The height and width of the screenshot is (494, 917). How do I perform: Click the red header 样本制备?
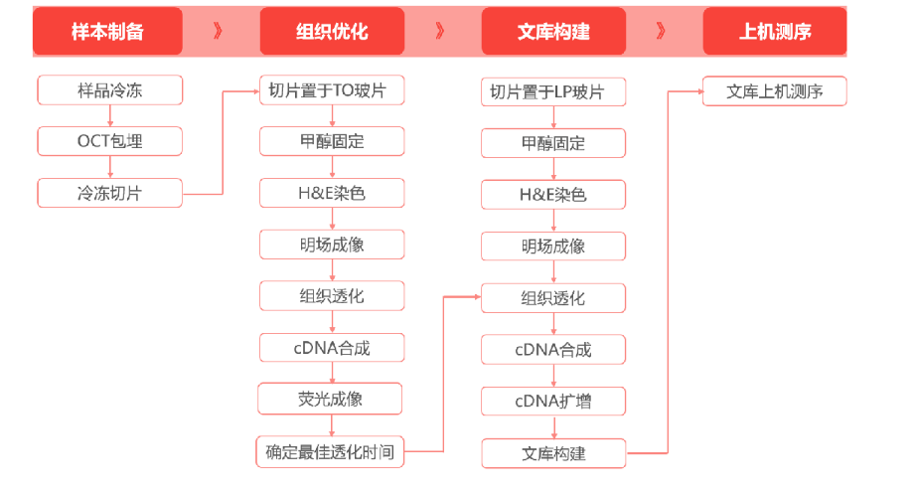(107, 31)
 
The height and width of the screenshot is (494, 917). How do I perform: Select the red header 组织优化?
(332, 31)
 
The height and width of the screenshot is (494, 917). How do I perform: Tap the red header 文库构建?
(553, 31)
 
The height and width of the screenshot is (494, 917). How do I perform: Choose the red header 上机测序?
(775, 31)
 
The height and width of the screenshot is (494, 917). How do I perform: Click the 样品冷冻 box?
(110, 90)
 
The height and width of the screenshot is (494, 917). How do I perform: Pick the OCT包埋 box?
(110, 141)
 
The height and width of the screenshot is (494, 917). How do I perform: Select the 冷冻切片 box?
(110, 193)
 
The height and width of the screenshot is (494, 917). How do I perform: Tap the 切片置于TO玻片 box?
(332, 90)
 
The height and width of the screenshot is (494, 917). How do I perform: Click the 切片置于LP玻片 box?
(553, 91)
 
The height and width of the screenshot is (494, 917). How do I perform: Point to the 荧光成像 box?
(330, 399)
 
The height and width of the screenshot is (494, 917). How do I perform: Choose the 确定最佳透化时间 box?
(330, 452)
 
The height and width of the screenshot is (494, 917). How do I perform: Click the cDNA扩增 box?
(553, 401)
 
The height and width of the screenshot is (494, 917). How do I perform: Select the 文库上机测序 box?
(775, 91)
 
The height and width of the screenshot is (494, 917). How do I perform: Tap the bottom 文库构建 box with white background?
(553, 453)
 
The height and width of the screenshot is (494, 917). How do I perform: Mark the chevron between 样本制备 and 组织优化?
(218, 31)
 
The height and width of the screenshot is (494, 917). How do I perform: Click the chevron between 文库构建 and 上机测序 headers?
(661, 31)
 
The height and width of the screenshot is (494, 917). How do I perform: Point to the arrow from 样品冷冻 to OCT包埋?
(110, 116)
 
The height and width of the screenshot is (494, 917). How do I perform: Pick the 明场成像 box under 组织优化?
(332, 245)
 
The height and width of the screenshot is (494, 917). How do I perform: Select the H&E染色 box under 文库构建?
(553, 195)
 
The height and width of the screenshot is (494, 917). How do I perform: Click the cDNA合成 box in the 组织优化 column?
(332, 348)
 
